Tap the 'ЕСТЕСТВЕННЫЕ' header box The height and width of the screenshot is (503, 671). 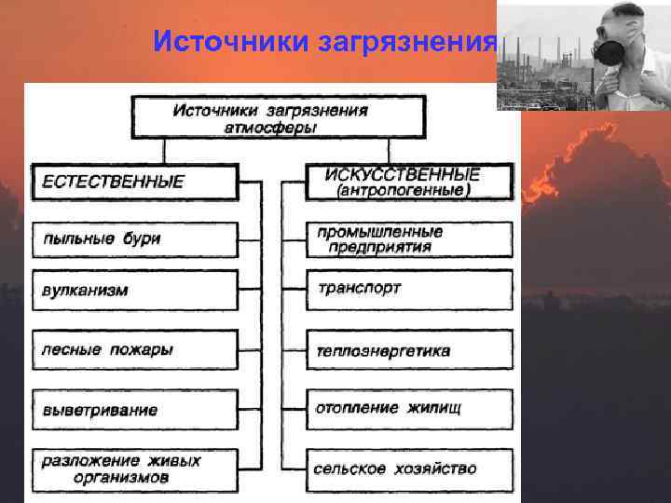[x=135, y=182]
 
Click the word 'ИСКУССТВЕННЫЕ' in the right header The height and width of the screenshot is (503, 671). [x=403, y=174]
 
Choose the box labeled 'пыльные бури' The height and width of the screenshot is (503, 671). [x=135, y=238]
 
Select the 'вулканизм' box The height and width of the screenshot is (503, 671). [x=135, y=290]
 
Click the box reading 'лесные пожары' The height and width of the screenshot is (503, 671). [x=135, y=349]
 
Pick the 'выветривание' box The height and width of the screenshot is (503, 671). [x=135, y=409]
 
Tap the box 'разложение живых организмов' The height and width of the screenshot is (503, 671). [x=135, y=469]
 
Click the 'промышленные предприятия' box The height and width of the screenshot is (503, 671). [x=409, y=238]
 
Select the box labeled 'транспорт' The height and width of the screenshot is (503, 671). [x=409, y=289]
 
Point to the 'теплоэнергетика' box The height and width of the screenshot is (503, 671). [x=409, y=350]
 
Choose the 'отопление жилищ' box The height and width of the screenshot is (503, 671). [x=409, y=409]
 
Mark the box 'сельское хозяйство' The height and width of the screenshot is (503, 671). [x=409, y=469]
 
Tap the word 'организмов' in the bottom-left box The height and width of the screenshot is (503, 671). [x=121, y=478]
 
